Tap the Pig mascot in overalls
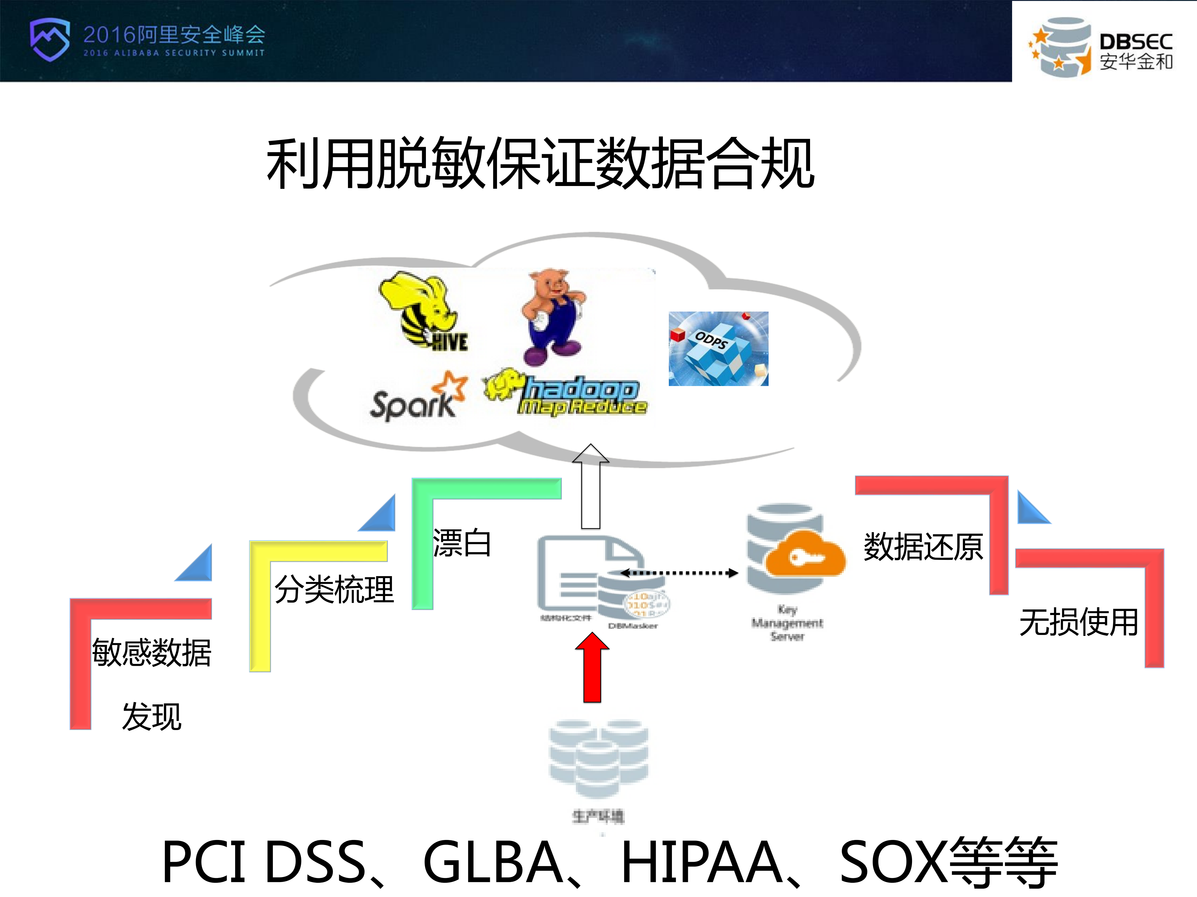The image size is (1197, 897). [552, 316]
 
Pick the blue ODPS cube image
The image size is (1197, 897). [718, 348]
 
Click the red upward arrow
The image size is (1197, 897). [592, 668]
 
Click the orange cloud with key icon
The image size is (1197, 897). [805, 554]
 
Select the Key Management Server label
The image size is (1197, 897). [787, 623]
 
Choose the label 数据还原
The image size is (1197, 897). [923, 546]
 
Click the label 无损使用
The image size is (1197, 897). [1079, 622]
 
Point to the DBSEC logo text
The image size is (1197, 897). [1135, 51]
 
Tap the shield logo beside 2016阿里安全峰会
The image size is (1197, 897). [50, 39]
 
